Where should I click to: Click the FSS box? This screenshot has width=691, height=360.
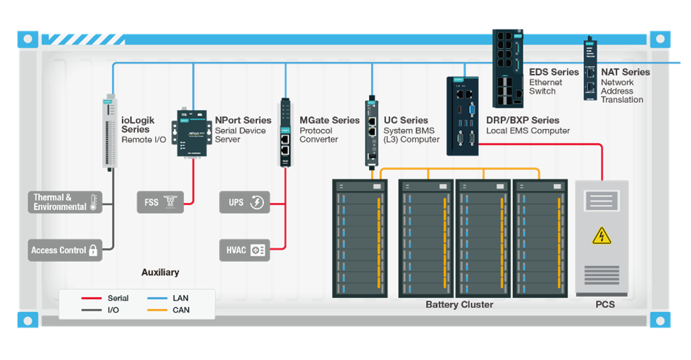coord(160,202)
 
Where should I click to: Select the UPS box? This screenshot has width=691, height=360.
coord(244,202)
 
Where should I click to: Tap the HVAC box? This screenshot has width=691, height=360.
coord(244,250)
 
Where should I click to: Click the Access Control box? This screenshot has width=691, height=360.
coord(65,250)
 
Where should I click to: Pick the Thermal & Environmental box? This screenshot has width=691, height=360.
coord(65,202)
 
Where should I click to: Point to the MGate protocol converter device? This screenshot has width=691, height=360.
coord(285,132)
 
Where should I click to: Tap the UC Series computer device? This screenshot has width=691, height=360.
coord(372,132)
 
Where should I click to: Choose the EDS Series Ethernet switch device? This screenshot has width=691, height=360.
coord(507,68)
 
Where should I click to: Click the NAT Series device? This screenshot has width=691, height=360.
coord(590,70)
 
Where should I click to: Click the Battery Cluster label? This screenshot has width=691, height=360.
coord(459,305)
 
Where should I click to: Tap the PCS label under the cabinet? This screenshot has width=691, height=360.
coord(604,305)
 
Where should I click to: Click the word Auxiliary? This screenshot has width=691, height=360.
coord(160,273)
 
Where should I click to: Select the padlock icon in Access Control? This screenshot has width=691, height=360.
coord(93,250)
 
